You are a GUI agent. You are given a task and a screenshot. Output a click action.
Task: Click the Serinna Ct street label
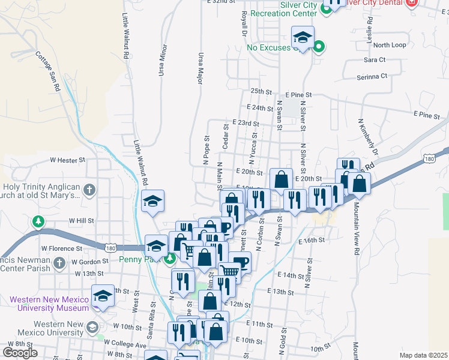[372, 77]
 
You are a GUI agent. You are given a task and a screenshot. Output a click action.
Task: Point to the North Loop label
[389, 45]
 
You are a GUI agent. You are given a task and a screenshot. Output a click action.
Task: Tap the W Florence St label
[61, 248]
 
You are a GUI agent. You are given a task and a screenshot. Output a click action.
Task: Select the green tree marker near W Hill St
[38, 222]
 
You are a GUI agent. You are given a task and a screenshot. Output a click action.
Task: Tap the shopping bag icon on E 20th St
[281, 178]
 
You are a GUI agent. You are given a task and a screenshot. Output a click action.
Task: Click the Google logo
[20, 353]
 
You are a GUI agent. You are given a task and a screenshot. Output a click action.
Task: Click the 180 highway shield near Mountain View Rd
[429, 158]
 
